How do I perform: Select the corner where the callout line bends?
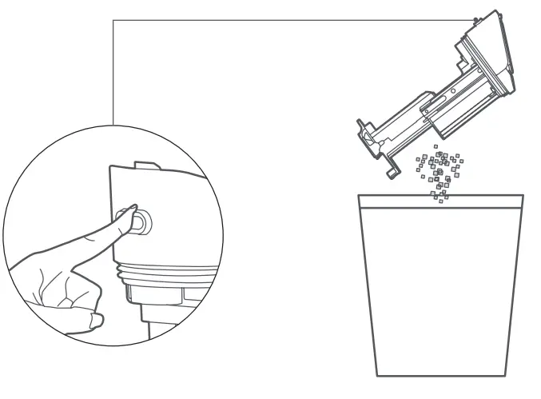(113, 20)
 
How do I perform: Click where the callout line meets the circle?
(113, 125)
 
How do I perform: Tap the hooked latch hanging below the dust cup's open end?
(392, 169)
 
